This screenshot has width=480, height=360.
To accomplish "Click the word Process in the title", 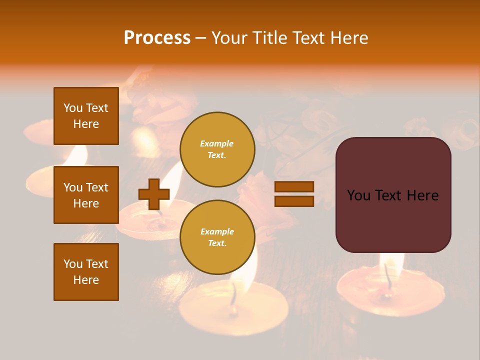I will tap(157, 38).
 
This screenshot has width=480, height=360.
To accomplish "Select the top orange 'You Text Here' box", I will tap(86, 116).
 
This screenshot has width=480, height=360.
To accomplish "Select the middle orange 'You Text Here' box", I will tap(86, 195).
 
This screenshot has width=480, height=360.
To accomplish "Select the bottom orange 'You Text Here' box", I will tap(86, 272).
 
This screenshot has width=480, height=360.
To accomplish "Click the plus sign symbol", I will tap(154, 194).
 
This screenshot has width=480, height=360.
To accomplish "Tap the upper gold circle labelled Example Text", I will tap(217, 149).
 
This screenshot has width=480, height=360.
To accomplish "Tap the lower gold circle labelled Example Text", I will tap(217, 237).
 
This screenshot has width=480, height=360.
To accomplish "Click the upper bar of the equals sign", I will tap(294, 186).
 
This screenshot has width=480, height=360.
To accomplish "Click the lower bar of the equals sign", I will tap(294, 201).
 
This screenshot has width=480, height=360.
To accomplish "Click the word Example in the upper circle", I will tap(217, 143).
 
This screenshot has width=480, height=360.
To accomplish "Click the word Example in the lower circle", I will tap(217, 231).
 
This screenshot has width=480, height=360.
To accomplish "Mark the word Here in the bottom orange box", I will tap(86, 280).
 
